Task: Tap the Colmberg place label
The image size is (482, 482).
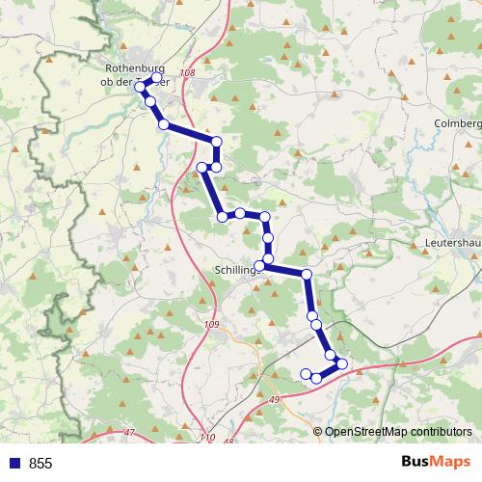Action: [457, 123]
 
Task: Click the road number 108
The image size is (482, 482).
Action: [187, 73]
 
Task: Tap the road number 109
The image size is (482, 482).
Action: [212, 325]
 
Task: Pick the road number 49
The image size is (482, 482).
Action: [275, 398]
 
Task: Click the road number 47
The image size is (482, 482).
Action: [129, 433]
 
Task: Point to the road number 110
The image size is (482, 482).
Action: [209, 438]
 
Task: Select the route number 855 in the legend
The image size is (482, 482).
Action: [40, 464]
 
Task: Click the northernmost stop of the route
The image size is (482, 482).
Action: [157, 78]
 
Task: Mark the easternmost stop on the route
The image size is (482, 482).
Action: [342, 363]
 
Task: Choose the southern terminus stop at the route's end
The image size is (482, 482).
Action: [306, 374]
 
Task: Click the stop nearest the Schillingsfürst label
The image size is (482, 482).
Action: [259, 266]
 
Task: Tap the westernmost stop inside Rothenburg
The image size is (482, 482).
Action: [141, 87]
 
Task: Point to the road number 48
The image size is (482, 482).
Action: [228, 442]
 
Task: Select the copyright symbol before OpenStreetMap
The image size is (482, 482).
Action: [317, 432]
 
